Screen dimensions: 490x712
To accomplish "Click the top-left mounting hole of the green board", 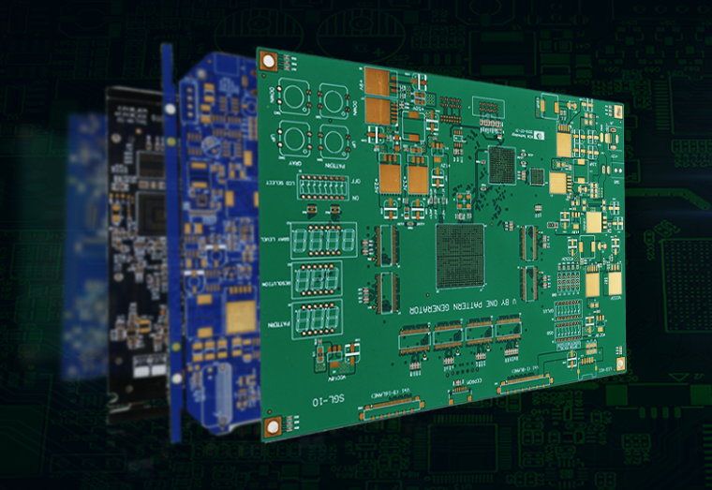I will pyautogui.click(x=270, y=61).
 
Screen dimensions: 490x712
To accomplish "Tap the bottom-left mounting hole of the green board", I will pyautogui.click(x=273, y=426).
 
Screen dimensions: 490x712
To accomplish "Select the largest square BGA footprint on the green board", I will pyautogui.click(x=460, y=255).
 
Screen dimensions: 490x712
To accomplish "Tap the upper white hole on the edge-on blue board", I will pyautogui.click(x=170, y=109).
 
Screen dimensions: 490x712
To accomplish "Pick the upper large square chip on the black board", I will pyautogui.click(x=150, y=163).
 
